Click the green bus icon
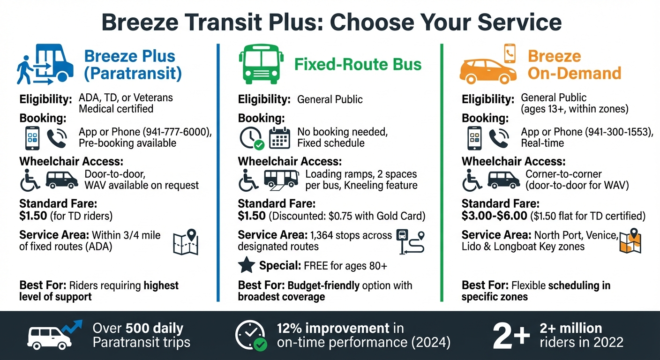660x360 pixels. click(x=261, y=65)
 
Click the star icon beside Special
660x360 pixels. click(x=247, y=266)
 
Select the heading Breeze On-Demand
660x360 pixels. click(x=574, y=65)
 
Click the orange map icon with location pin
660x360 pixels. click(x=630, y=241)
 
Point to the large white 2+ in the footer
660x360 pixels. click(x=511, y=335)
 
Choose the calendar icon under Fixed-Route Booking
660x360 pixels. click(x=280, y=137)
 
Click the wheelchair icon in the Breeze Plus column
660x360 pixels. click(x=30, y=180)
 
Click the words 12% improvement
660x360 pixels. click(x=333, y=328)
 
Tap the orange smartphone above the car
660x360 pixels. click(x=510, y=53)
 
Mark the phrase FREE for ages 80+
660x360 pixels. click(x=345, y=266)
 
